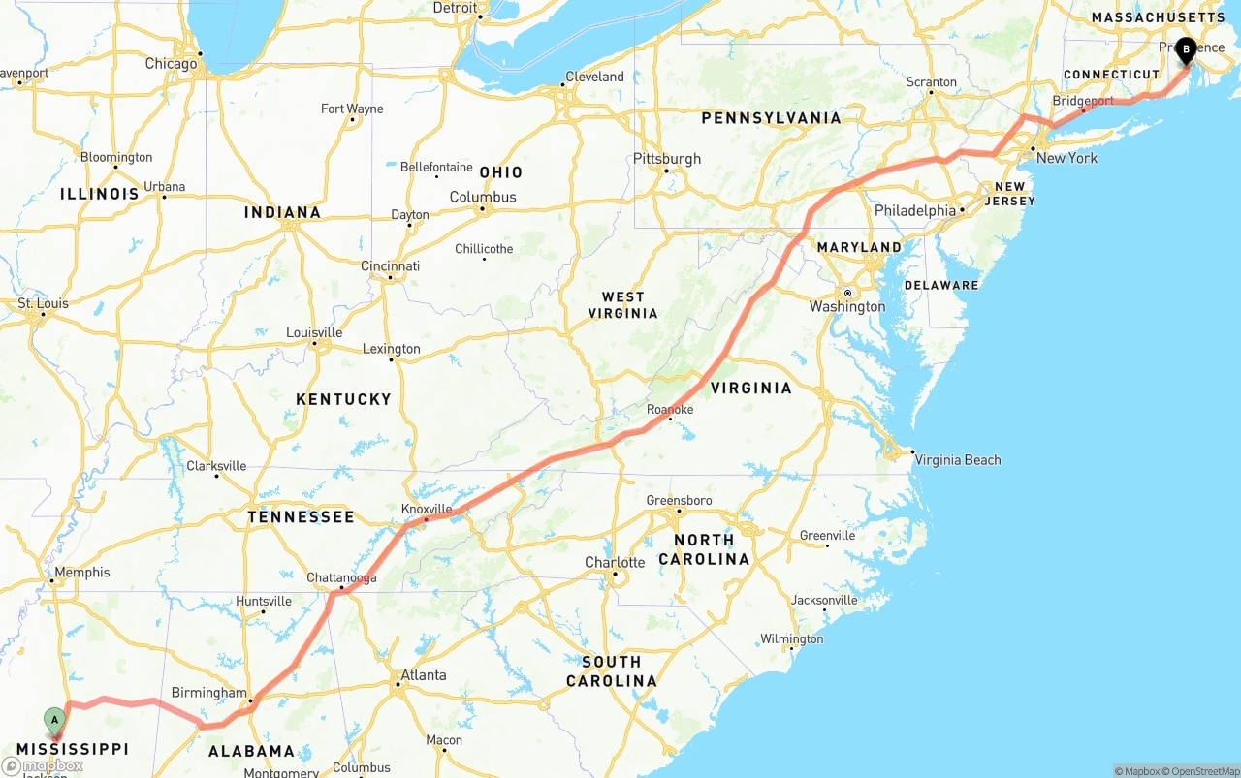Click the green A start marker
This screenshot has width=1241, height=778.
tap(55, 720)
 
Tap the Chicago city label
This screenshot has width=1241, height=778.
tap(171, 64)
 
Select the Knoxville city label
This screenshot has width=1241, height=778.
tap(427, 509)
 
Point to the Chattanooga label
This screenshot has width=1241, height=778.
tap(341, 578)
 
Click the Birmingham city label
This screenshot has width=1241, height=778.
tap(208, 693)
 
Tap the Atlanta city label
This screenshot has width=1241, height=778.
tap(424, 675)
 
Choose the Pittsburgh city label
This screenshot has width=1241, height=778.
tap(667, 159)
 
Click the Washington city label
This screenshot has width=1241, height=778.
tap(847, 307)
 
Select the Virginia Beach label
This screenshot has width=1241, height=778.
tap(957, 460)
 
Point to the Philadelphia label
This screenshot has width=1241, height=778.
tap(915, 210)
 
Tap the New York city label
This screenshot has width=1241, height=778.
tap(1066, 158)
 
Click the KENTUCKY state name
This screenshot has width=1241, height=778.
tap(343, 399)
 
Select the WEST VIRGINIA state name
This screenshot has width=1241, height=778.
tap(622, 305)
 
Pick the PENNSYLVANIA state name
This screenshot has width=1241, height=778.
tap(771, 118)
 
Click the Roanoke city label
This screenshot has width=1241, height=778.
tap(670, 410)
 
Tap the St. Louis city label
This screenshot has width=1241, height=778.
tap(44, 303)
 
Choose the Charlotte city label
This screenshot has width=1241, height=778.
tap(615, 562)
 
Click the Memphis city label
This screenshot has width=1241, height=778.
tap(82, 573)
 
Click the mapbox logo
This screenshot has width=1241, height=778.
tap(44, 765)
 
